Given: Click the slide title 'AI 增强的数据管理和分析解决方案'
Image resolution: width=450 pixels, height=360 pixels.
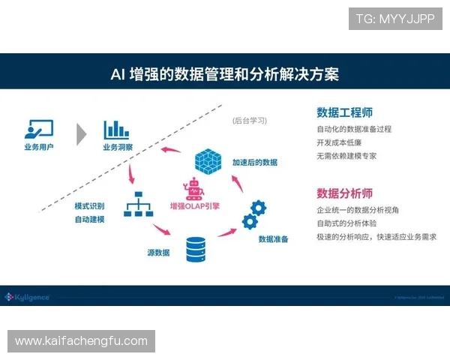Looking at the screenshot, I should [x=224, y=73].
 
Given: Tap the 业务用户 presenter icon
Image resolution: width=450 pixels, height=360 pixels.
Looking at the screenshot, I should [x=39, y=129].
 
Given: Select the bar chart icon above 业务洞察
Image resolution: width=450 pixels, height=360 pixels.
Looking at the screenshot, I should [x=117, y=129].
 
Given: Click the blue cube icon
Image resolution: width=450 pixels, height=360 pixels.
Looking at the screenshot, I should [x=208, y=160].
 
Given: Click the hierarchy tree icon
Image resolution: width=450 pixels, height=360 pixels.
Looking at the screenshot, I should [x=138, y=204].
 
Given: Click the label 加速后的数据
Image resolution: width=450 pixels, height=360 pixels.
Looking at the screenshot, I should [x=255, y=162].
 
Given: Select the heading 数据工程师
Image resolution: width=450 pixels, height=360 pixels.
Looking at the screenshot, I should [x=344, y=112].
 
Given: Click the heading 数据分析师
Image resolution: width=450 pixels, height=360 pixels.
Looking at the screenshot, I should [x=344, y=192].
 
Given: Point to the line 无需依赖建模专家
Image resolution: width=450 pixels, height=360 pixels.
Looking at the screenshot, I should [x=346, y=156].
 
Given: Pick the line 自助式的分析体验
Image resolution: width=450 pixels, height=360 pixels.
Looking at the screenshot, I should [x=346, y=223].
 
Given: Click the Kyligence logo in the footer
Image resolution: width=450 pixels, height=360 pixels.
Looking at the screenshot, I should [x=28, y=297].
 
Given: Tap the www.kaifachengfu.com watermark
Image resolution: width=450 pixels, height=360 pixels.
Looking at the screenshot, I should [x=81, y=341].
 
